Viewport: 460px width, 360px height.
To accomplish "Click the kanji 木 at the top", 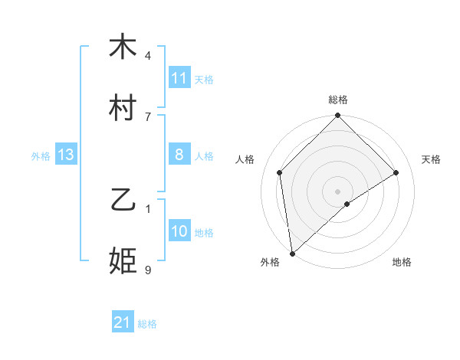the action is [123, 47].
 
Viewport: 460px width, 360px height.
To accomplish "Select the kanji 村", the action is [123, 108].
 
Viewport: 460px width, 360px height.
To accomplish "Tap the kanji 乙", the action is [123, 200].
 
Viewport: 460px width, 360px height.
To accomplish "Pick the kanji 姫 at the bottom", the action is [123, 261].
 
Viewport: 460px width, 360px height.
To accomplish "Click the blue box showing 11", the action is [179, 78].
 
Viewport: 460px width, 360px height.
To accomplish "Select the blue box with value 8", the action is [179, 155].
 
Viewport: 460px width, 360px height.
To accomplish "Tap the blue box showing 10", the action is [179, 231].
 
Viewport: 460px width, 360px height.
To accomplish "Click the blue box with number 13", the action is [65, 155].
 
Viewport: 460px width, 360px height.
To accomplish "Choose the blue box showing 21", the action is [122, 322].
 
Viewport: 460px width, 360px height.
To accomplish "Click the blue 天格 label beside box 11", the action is [204, 79].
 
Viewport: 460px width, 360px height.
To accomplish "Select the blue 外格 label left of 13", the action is [41, 155].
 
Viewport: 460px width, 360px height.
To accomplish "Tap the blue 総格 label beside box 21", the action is [147, 323].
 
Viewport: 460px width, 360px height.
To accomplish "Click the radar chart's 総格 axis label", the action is [338, 100].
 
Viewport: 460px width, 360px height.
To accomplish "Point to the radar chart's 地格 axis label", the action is [402, 263].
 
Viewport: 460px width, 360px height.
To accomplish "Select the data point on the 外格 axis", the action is [291, 254].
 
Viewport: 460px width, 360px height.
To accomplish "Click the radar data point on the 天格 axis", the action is [396, 172].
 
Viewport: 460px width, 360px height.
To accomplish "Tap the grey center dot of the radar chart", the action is [338, 191].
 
